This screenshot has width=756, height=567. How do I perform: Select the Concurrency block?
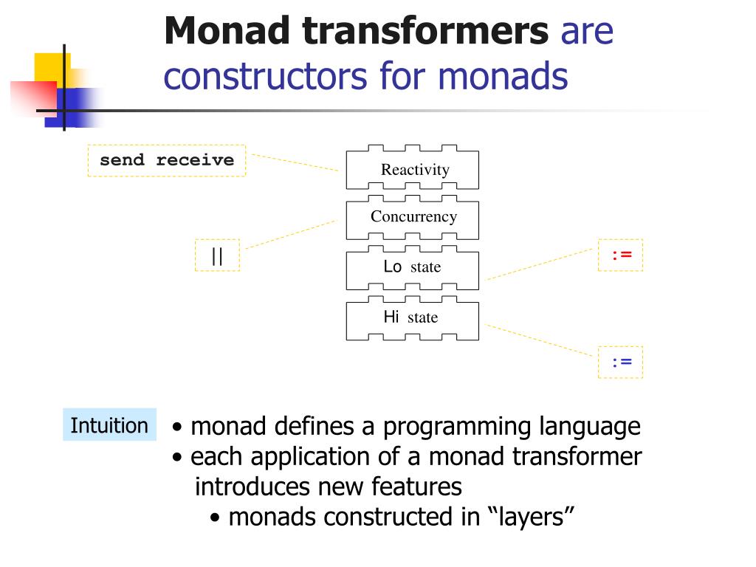pos(412,218)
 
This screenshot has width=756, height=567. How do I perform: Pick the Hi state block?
pos(412,318)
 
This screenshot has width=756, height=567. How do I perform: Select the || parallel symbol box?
pos(217,255)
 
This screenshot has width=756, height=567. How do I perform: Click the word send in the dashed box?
pos(122,160)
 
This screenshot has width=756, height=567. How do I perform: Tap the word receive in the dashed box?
pos(195,160)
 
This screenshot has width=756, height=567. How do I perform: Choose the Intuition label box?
pos(109,425)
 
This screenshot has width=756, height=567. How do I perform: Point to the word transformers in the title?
pos(425,30)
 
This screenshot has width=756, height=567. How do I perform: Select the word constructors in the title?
pos(266,76)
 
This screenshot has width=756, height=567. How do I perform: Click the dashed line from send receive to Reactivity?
pos(295,162)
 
